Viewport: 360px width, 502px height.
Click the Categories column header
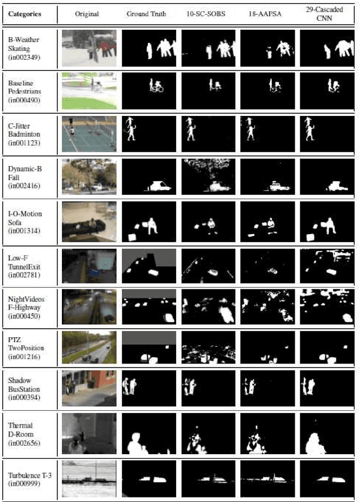pos(25,14)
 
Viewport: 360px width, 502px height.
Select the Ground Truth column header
pos(146,14)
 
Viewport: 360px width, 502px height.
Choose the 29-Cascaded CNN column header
pos(328,14)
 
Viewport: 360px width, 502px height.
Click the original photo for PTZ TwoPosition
pos(89,347)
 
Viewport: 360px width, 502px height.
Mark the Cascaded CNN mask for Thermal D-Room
pos(327,433)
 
